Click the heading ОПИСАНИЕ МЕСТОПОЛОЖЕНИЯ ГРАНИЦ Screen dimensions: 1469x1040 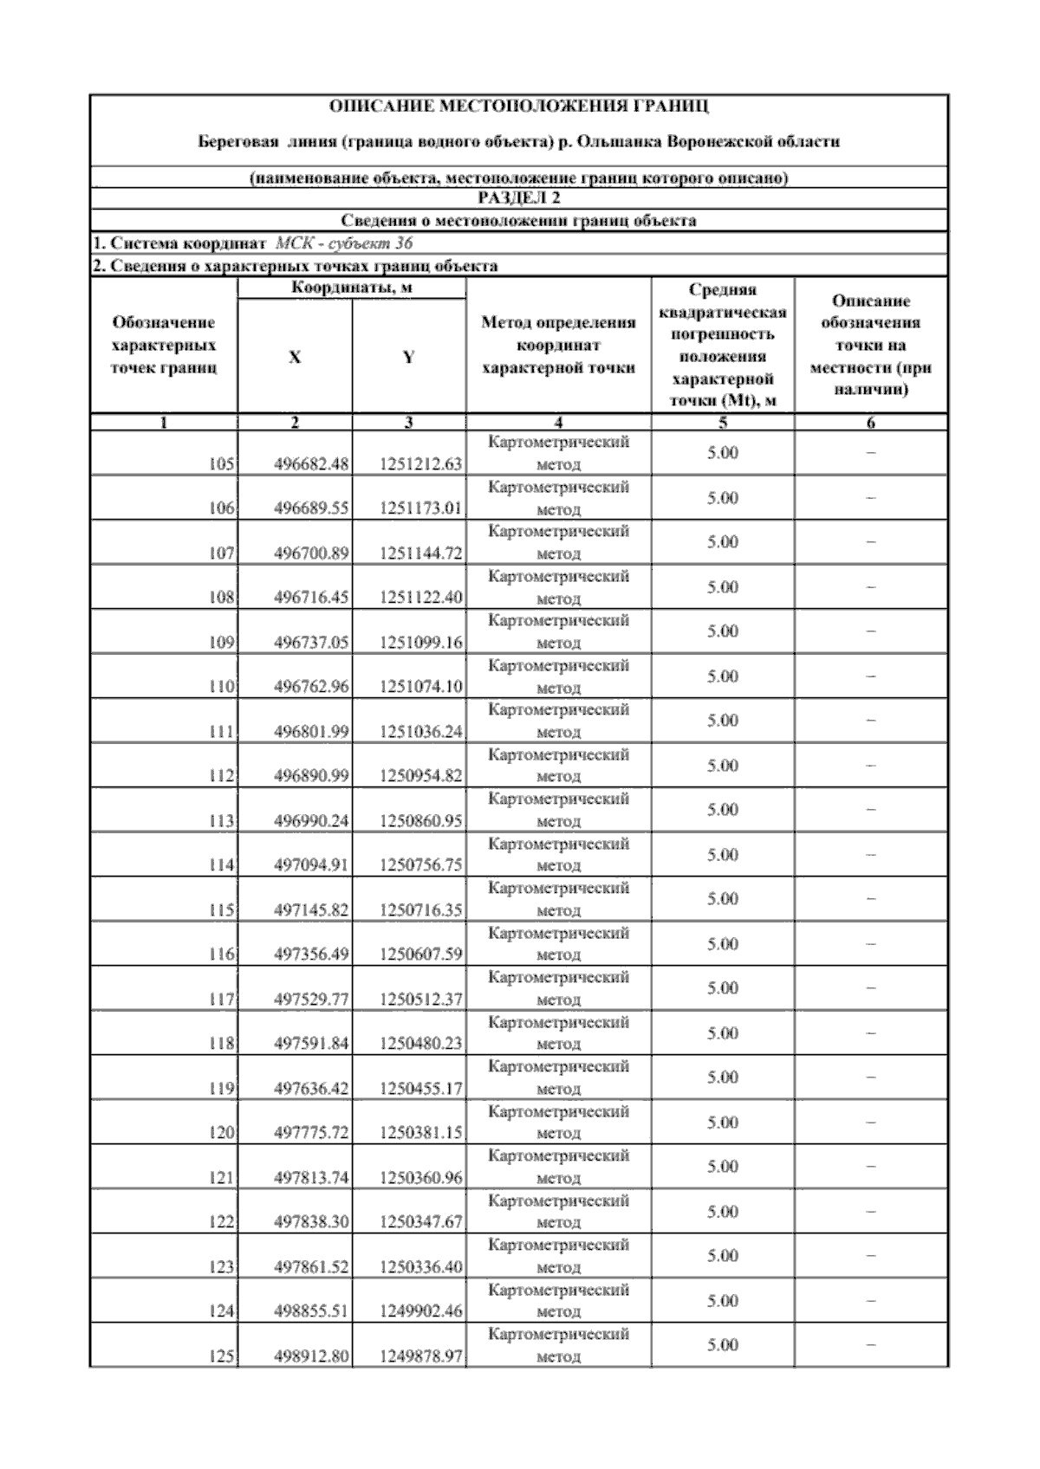[x=519, y=107]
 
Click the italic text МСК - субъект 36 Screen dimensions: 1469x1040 [x=343, y=243]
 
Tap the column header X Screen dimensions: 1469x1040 [x=295, y=357]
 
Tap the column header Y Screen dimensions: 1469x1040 [x=409, y=357]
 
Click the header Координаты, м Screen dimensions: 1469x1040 [x=351, y=288]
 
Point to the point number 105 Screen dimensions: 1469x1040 [x=222, y=464]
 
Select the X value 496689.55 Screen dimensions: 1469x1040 [x=311, y=508]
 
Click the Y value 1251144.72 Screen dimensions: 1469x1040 [x=421, y=553]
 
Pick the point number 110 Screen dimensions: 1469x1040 [x=222, y=687]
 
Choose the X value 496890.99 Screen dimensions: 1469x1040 [x=311, y=776]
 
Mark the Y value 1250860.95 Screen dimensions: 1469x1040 [x=421, y=820]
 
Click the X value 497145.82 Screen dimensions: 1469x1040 [x=311, y=910]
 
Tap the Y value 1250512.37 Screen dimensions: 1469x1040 [x=421, y=1000]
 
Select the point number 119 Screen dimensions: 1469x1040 [x=222, y=1089]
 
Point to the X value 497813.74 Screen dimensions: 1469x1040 [x=311, y=1178]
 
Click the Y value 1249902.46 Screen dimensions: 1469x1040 [x=421, y=1311]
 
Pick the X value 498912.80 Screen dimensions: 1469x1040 [x=311, y=1356]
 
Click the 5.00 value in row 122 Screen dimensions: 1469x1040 [x=723, y=1212]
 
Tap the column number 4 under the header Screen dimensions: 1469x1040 [x=558, y=423]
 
